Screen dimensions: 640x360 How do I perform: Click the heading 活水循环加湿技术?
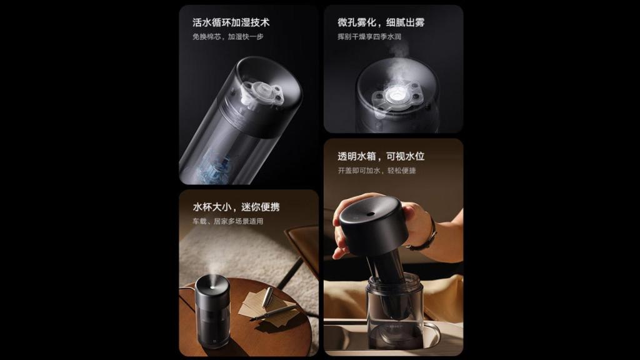point(231,23)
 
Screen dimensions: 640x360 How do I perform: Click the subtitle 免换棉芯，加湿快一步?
point(227,37)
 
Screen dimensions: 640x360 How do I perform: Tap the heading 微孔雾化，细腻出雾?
point(381,23)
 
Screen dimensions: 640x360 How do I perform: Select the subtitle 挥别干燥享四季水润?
point(369,37)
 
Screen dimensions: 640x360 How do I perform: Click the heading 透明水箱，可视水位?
point(381,156)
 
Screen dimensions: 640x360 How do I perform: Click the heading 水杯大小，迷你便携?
point(231,207)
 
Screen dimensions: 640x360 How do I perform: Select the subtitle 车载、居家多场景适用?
point(227,221)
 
